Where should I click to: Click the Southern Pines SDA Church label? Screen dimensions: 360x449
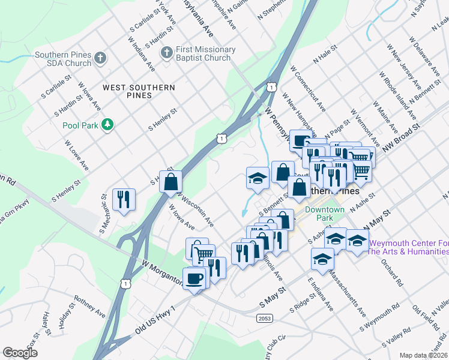62,59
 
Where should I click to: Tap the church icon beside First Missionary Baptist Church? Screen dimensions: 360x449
166,54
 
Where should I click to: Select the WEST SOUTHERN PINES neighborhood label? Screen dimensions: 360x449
139,91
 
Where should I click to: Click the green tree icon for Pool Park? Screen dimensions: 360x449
107,125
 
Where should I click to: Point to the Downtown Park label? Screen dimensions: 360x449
324,214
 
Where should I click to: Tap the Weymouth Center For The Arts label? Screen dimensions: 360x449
409,248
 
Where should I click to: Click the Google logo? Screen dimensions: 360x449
20,353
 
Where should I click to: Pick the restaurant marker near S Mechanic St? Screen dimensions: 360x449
124,199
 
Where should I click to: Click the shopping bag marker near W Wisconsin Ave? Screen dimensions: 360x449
171,181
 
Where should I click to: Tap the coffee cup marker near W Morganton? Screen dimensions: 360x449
194,278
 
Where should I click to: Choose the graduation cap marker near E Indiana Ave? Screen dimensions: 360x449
322,259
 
